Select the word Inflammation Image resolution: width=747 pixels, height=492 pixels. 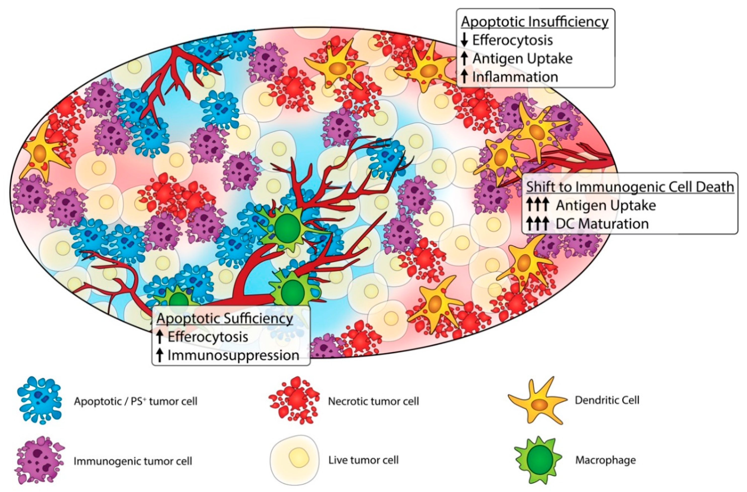pyautogui.click(x=515, y=77)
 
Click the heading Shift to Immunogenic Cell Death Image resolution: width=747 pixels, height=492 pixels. pyautogui.click(x=630, y=187)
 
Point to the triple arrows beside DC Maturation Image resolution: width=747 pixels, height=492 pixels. pyautogui.click(x=537, y=224)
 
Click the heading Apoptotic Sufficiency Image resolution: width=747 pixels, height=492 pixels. pyautogui.click(x=225, y=318)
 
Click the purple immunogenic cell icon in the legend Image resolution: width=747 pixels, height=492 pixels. pyautogui.click(x=39, y=459)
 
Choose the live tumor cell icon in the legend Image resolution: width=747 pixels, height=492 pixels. pyautogui.click(x=294, y=459)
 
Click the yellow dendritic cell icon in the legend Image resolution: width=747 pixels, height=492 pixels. pyautogui.click(x=537, y=401)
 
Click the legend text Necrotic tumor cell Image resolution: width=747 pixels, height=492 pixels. pyautogui.click(x=373, y=401)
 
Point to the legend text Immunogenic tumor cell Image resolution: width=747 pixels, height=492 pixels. pyautogui.click(x=133, y=461)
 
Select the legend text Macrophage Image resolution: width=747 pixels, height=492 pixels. pyautogui.click(x=605, y=460)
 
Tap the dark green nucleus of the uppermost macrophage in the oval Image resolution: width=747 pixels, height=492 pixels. pyautogui.click(x=287, y=228)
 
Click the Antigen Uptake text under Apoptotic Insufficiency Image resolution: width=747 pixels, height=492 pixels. pyautogui.click(x=522, y=59)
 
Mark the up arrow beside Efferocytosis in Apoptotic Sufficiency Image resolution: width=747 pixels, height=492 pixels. pyautogui.click(x=160, y=337)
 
